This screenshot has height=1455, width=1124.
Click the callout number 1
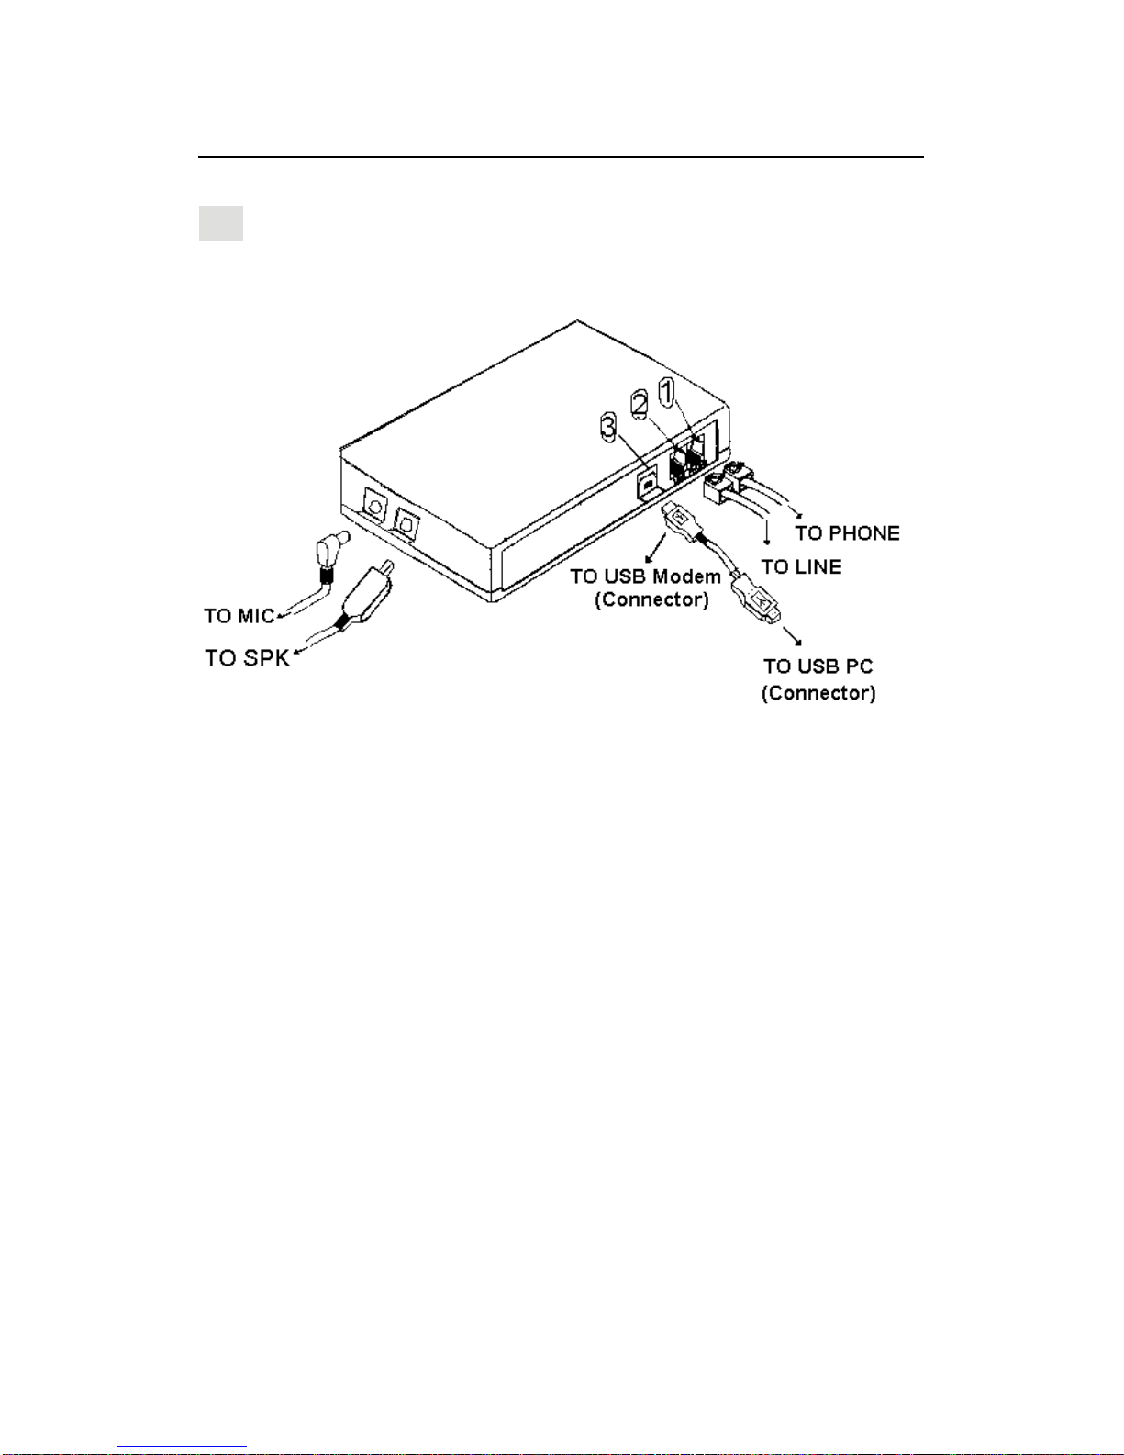(667, 392)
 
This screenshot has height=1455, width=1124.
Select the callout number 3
(608, 427)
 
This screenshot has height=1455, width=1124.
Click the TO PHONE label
(847, 533)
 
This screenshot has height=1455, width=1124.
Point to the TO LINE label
(801, 567)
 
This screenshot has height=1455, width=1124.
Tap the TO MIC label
(239, 616)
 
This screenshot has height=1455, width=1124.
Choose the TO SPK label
(247, 658)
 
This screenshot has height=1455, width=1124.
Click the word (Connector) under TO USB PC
(818, 693)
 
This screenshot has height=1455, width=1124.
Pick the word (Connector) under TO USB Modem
(651, 600)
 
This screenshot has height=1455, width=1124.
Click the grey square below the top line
(221, 223)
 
